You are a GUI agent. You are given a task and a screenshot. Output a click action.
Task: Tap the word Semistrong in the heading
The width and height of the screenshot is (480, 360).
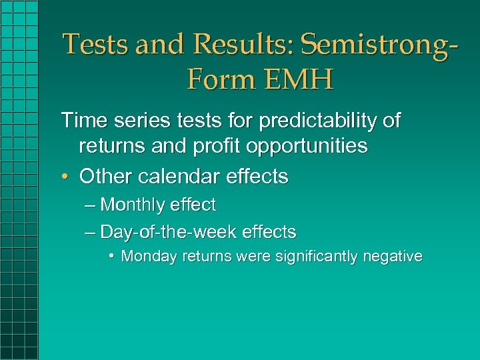(371, 45)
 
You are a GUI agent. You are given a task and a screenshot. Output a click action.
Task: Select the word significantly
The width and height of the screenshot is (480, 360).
(305, 256)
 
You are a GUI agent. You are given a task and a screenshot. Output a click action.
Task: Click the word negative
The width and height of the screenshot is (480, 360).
(393, 256)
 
